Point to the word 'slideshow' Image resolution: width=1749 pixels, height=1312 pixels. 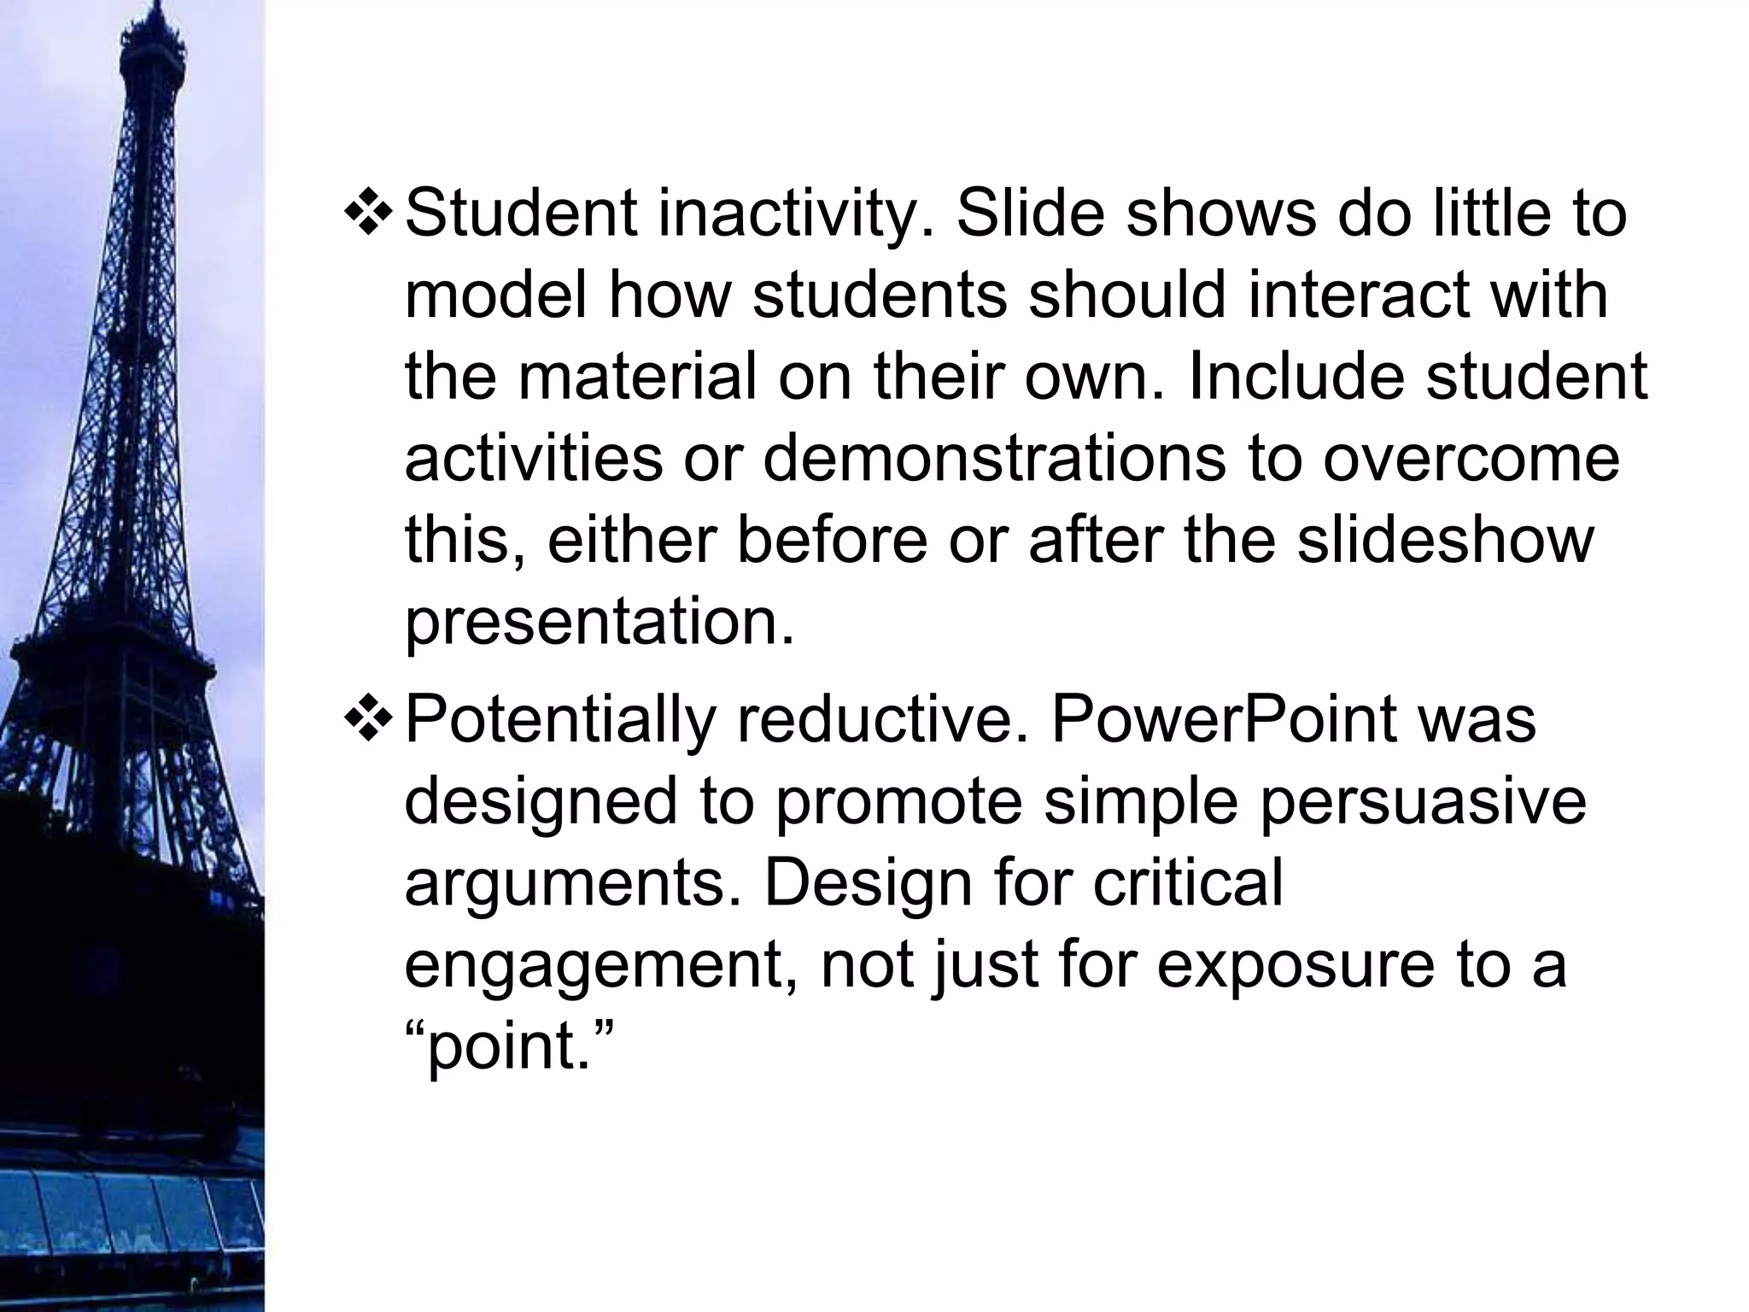click(x=1445, y=541)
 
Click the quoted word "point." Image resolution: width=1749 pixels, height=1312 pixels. click(x=510, y=1046)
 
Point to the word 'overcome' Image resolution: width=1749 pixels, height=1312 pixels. click(x=1471, y=459)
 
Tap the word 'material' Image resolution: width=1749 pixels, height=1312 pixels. click(x=637, y=377)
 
